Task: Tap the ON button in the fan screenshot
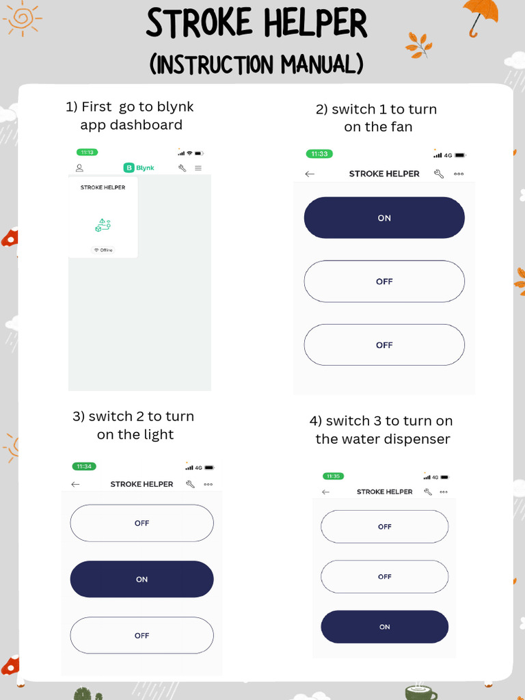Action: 384,217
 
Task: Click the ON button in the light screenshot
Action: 142,579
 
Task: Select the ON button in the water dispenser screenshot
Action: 384,627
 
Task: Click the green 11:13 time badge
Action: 87,152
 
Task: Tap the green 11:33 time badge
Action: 319,154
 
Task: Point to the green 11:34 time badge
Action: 84,466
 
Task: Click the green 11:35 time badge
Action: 333,476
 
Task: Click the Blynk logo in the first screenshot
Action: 139,168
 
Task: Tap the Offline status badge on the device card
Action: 103,250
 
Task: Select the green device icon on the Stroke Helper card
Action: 103,226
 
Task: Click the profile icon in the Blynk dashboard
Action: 79,168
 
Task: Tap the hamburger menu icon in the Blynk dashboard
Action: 198,168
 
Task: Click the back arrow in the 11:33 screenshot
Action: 310,174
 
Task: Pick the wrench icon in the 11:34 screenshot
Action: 190,484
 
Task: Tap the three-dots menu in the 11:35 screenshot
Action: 443,492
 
